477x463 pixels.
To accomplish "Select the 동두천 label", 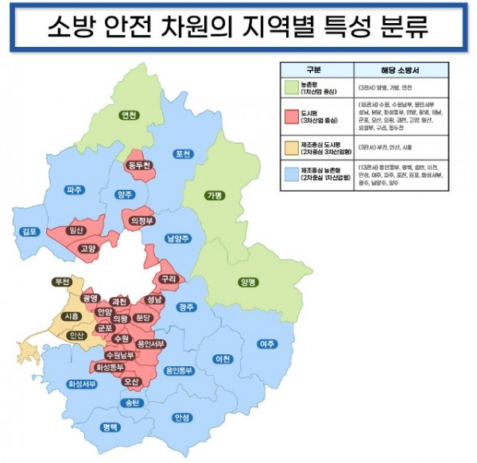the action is [142, 165].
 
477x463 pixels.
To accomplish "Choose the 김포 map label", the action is [30, 231].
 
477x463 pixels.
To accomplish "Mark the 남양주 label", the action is [179, 237].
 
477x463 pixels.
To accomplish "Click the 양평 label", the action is [248, 282].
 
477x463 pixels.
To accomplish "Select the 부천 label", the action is [60, 282].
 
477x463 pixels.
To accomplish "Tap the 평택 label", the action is [110, 427].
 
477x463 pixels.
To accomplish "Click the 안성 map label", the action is [182, 417].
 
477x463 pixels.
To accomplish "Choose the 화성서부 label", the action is [82, 385].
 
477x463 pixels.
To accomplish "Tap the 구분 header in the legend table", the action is [316, 69].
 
